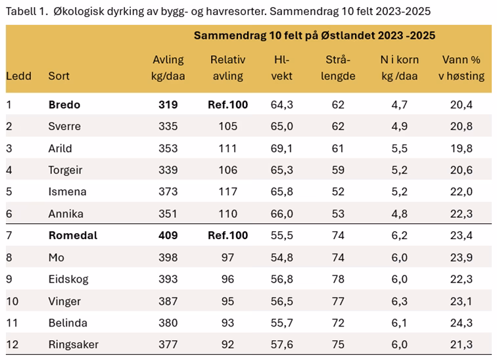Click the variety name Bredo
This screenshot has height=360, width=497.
(x=64, y=104)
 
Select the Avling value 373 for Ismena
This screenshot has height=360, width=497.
(x=168, y=192)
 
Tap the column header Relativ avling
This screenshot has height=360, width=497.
(x=227, y=68)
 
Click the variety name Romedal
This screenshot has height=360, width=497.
(x=72, y=235)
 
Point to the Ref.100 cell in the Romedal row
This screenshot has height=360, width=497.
(x=227, y=235)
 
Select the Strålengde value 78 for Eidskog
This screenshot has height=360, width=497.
(x=338, y=279)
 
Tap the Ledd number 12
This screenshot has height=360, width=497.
(x=12, y=344)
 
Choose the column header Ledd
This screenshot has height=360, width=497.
(x=18, y=76)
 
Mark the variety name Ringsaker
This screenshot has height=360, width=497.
(x=74, y=344)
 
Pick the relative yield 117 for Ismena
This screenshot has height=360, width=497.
(x=227, y=192)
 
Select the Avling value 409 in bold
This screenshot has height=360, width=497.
(x=168, y=235)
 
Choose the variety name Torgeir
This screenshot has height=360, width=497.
(x=65, y=170)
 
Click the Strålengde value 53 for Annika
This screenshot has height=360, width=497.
(x=338, y=214)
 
